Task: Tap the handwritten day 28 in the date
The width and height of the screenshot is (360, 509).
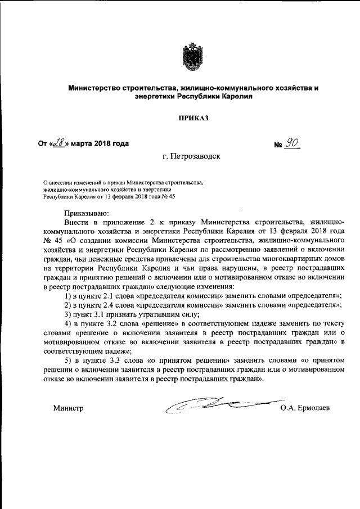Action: tap(58, 143)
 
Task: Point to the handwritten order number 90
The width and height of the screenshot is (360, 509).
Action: tap(291, 143)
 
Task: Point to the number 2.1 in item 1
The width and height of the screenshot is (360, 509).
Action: tap(109, 295)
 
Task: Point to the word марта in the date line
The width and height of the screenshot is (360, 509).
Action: tap(82, 143)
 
